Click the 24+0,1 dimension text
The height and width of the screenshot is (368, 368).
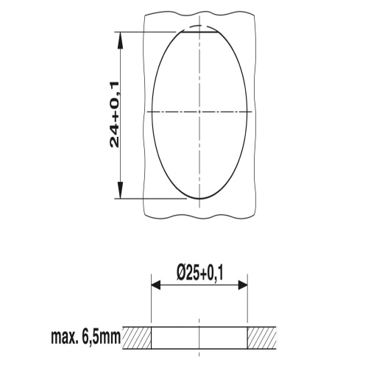[114, 115]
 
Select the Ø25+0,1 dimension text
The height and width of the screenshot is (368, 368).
[199, 274]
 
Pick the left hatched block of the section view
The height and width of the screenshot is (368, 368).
[136, 338]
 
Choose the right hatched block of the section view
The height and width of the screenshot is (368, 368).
[261, 338]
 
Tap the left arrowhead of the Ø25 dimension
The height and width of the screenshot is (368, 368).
[155, 286]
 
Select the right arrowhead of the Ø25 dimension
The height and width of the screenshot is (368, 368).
[243, 286]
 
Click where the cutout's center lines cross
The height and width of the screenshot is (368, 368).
[199, 112]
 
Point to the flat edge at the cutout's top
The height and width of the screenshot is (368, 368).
[199, 31]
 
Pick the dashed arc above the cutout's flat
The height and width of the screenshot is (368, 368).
[199, 26]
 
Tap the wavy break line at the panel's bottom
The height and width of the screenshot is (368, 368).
[199, 216]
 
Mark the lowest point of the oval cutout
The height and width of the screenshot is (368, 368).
[199, 198]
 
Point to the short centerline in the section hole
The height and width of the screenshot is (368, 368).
[199, 337]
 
